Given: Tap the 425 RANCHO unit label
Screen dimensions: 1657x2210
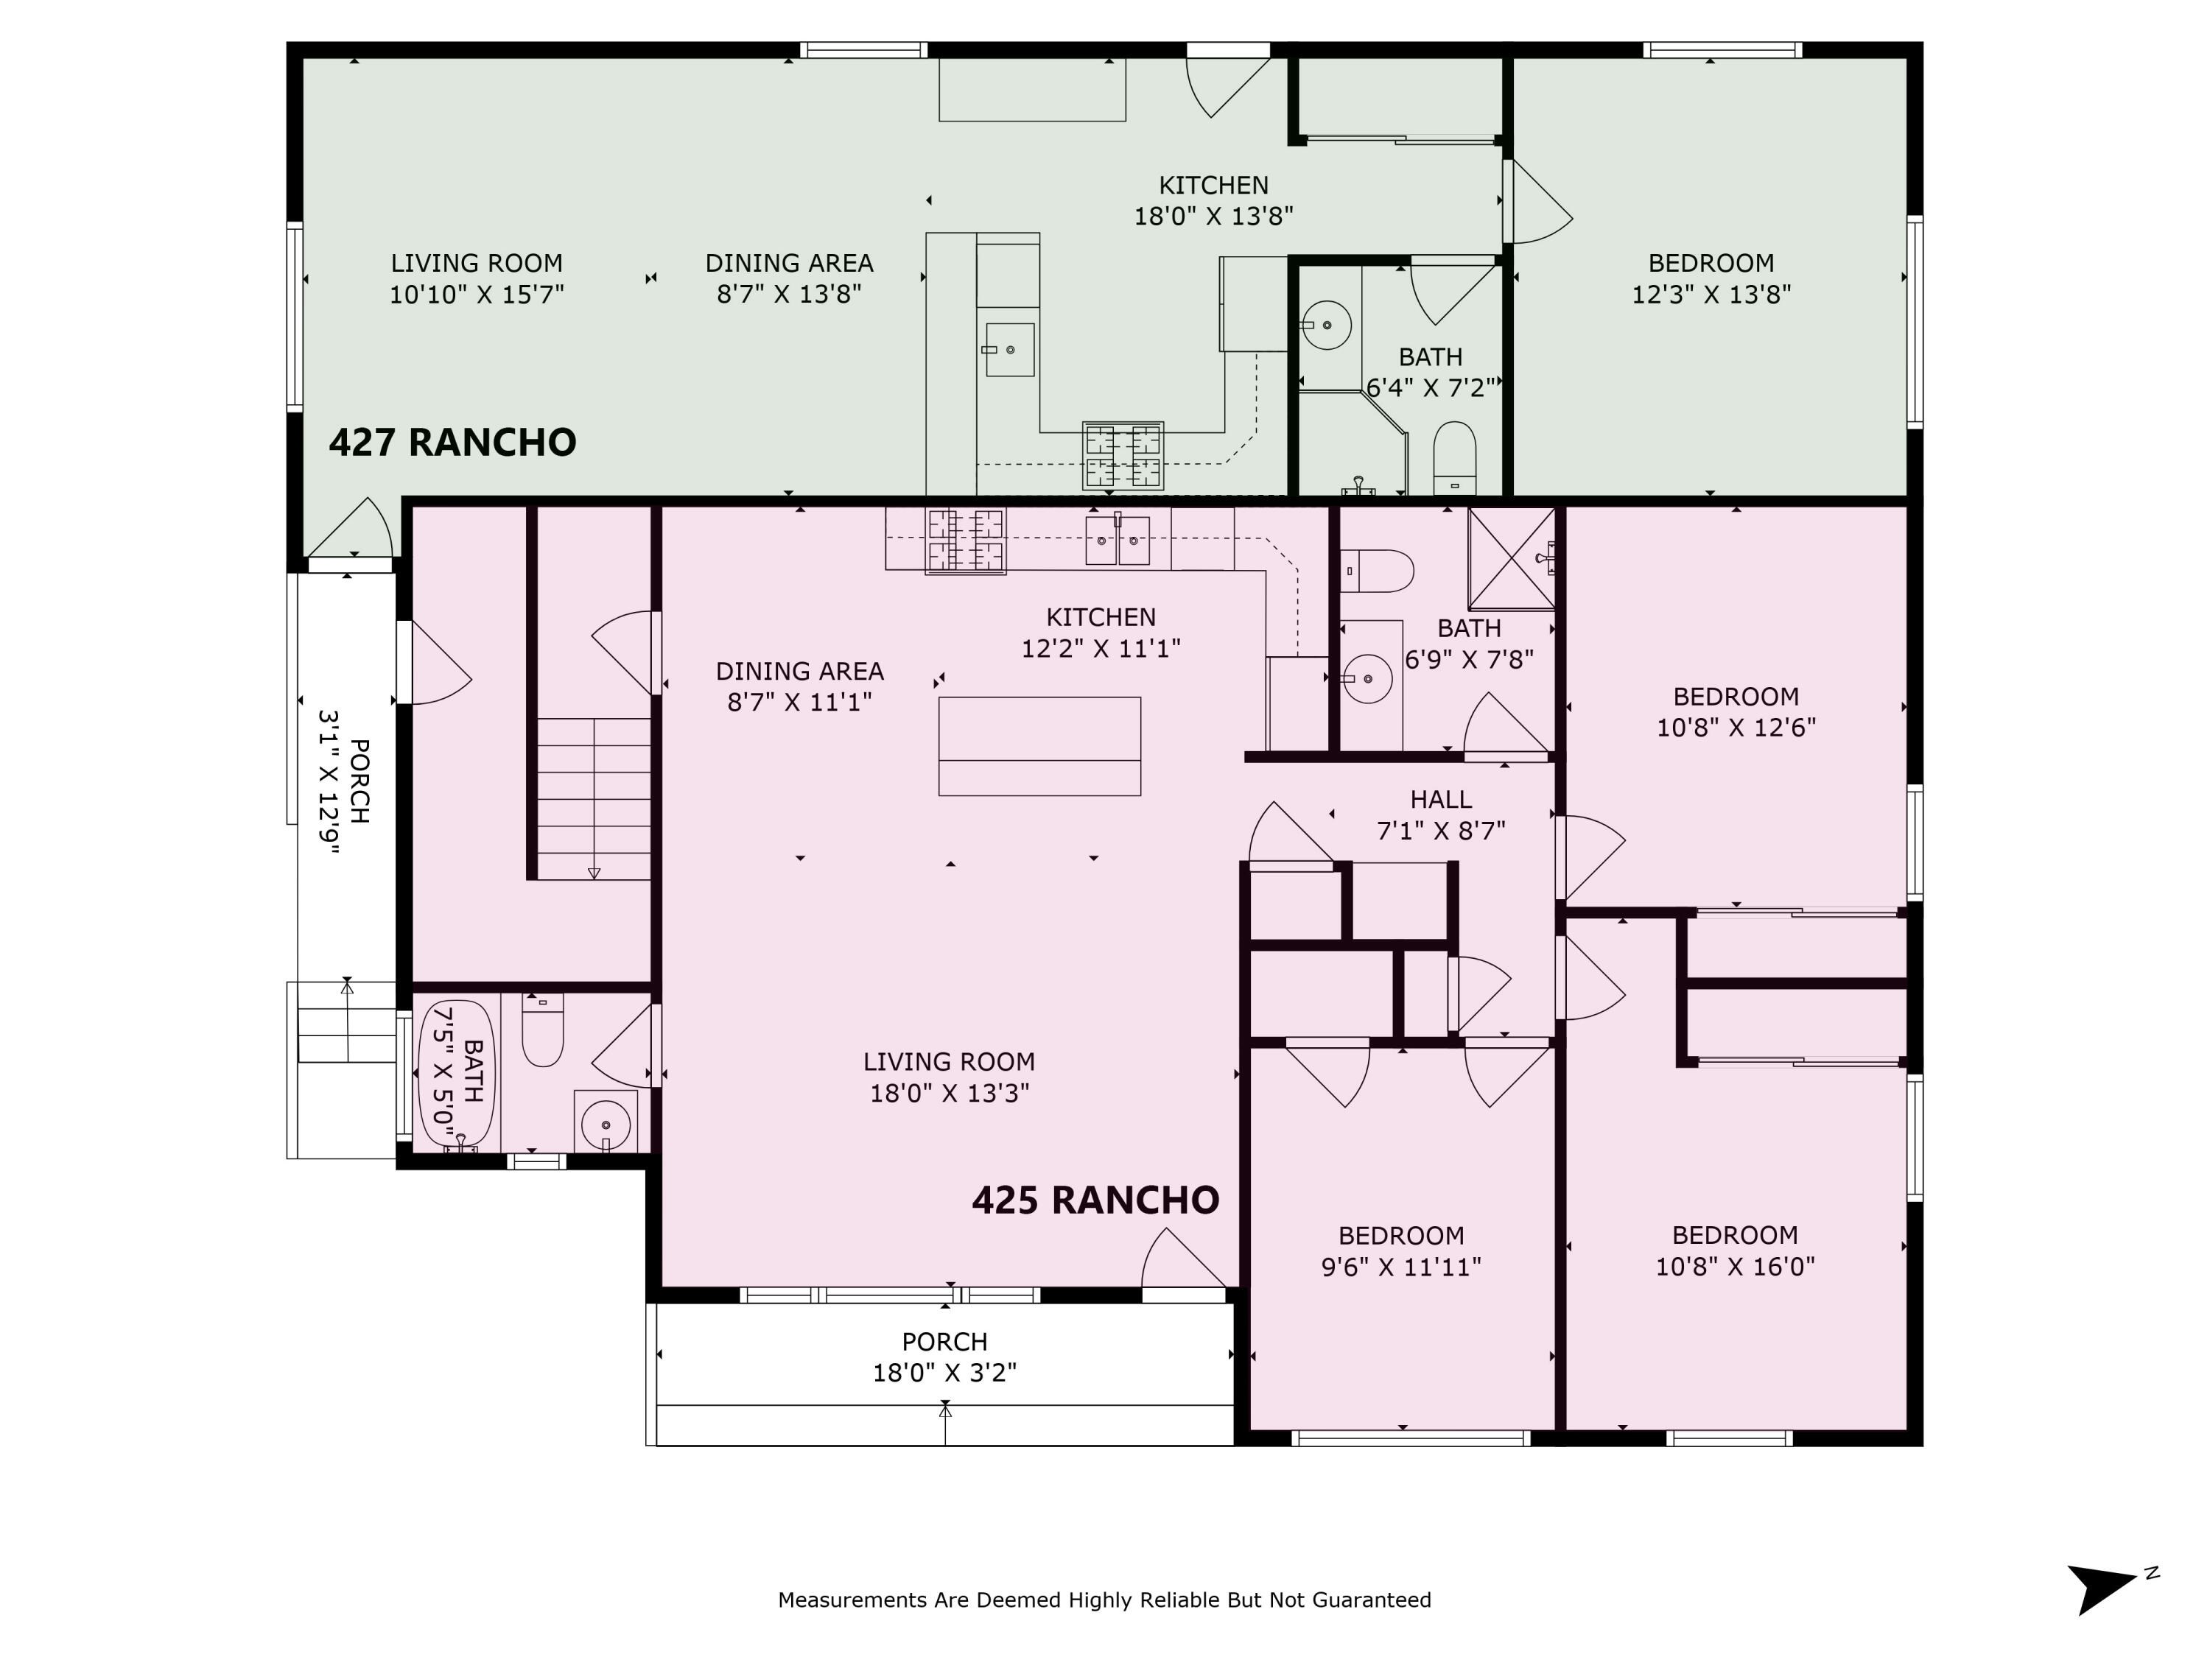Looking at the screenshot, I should click(x=1095, y=1200).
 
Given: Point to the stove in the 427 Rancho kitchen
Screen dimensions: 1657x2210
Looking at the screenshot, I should click(x=1123, y=455).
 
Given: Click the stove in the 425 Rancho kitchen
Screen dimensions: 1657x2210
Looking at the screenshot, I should click(x=965, y=541).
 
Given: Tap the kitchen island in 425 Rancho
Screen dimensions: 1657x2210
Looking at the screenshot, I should click(x=1039, y=746).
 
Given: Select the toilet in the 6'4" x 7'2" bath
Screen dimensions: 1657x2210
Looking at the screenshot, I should click(x=1453, y=457).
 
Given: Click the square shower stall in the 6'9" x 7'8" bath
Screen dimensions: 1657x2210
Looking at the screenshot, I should click(x=1511, y=558).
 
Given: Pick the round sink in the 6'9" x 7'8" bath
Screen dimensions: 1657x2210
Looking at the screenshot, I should click(x=1368, y=679).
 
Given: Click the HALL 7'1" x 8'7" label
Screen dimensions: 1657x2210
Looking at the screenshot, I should click(x=1441, y=814).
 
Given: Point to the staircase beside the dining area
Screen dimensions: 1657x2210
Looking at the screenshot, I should click(x=594, y=798).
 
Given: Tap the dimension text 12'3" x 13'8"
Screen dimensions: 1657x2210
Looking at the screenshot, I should click(x=1711, y=295).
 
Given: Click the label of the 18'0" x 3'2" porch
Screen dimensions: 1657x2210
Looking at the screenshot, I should click(x=944, y=1357).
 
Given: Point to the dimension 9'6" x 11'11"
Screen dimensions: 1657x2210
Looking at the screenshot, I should click(x=1400, y=1267).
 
